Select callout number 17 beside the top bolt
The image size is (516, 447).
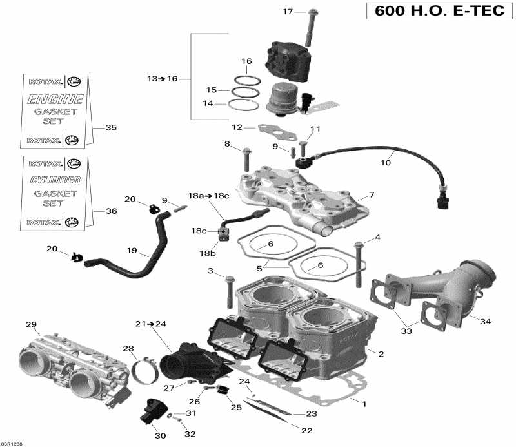coord(288,11)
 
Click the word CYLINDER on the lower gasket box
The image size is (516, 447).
coord(55,180)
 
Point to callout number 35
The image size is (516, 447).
coord(111,128)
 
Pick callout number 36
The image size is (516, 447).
coord(111,211)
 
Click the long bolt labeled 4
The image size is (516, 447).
coord(359,265)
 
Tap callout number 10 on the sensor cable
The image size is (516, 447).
coord(385,163)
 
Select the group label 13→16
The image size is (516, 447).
coord(161,78)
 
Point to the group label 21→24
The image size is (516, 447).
coord(150,323)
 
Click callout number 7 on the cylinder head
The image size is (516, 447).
coord(371,194)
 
